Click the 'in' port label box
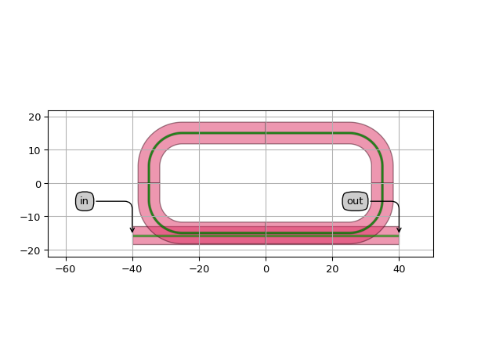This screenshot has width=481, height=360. pos(85,201)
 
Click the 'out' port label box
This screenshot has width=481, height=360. pos(355,201)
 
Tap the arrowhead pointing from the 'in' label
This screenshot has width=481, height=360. pos(132,230)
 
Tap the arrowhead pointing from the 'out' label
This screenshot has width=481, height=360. pos(399,230)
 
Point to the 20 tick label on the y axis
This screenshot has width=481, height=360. pos(34,117)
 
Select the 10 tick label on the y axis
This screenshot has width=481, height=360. pos(34,150)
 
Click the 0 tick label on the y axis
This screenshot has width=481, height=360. pos(38,184)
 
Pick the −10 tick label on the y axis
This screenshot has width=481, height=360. pos(31,218)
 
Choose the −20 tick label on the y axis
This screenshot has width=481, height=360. pos(31,251)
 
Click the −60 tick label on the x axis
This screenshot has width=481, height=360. pos(66,269)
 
